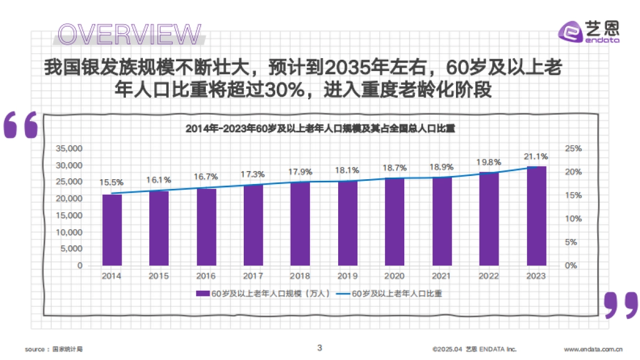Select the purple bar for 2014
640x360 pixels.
tap(112, 230)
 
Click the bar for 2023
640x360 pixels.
tap(536, 216)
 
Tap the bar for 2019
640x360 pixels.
tap(347, 223)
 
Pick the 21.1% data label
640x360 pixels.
tap(536, 156)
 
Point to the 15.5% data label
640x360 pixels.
tap(111, 182)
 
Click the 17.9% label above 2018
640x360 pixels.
tap(300, 172)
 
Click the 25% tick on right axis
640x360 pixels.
tap(574, 148)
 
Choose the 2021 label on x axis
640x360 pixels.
tap(442, 276)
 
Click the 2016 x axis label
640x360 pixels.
tap(206, 276)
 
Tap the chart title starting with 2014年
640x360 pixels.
tap(320, 129)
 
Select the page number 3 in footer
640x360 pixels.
tap(319, 348)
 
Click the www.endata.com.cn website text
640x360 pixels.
tap(593, 349)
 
